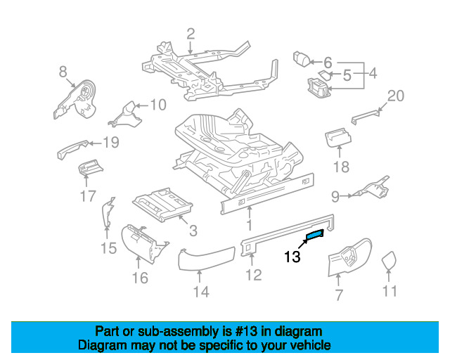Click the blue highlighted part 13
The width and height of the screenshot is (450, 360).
coord(315,234)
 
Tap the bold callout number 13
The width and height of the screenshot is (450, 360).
coord(292,257)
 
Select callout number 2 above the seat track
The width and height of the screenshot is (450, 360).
coord(191,34)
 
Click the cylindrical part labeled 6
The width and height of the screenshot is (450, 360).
coord(302,60)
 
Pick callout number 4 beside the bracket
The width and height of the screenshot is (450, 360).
coord(373,74)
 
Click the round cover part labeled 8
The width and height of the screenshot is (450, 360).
coord(76,100)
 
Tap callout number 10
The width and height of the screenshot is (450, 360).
coord(158,105)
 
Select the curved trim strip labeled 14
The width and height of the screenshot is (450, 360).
coord(206,259)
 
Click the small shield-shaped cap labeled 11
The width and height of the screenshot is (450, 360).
coord(388,261)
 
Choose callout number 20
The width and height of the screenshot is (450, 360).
coord(396,96)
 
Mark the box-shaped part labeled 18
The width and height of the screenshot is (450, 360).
coord(337,137)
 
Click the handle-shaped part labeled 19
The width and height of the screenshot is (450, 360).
coord(73,148)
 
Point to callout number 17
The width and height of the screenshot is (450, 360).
coord(88,196)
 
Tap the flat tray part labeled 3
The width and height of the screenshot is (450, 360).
coord(162,203)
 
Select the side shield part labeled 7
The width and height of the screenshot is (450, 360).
coord(350,257)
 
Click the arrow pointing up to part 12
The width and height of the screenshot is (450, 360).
coord(252,259)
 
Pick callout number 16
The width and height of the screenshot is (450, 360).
coord(140,278)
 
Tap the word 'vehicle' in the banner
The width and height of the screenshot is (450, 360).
coord(312,345)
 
